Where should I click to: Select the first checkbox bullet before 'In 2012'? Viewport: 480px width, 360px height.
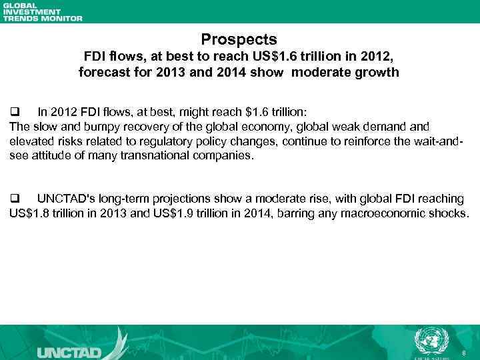[x=15, y=110]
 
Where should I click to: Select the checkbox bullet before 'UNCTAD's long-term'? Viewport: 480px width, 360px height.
[x=15, y=199]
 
